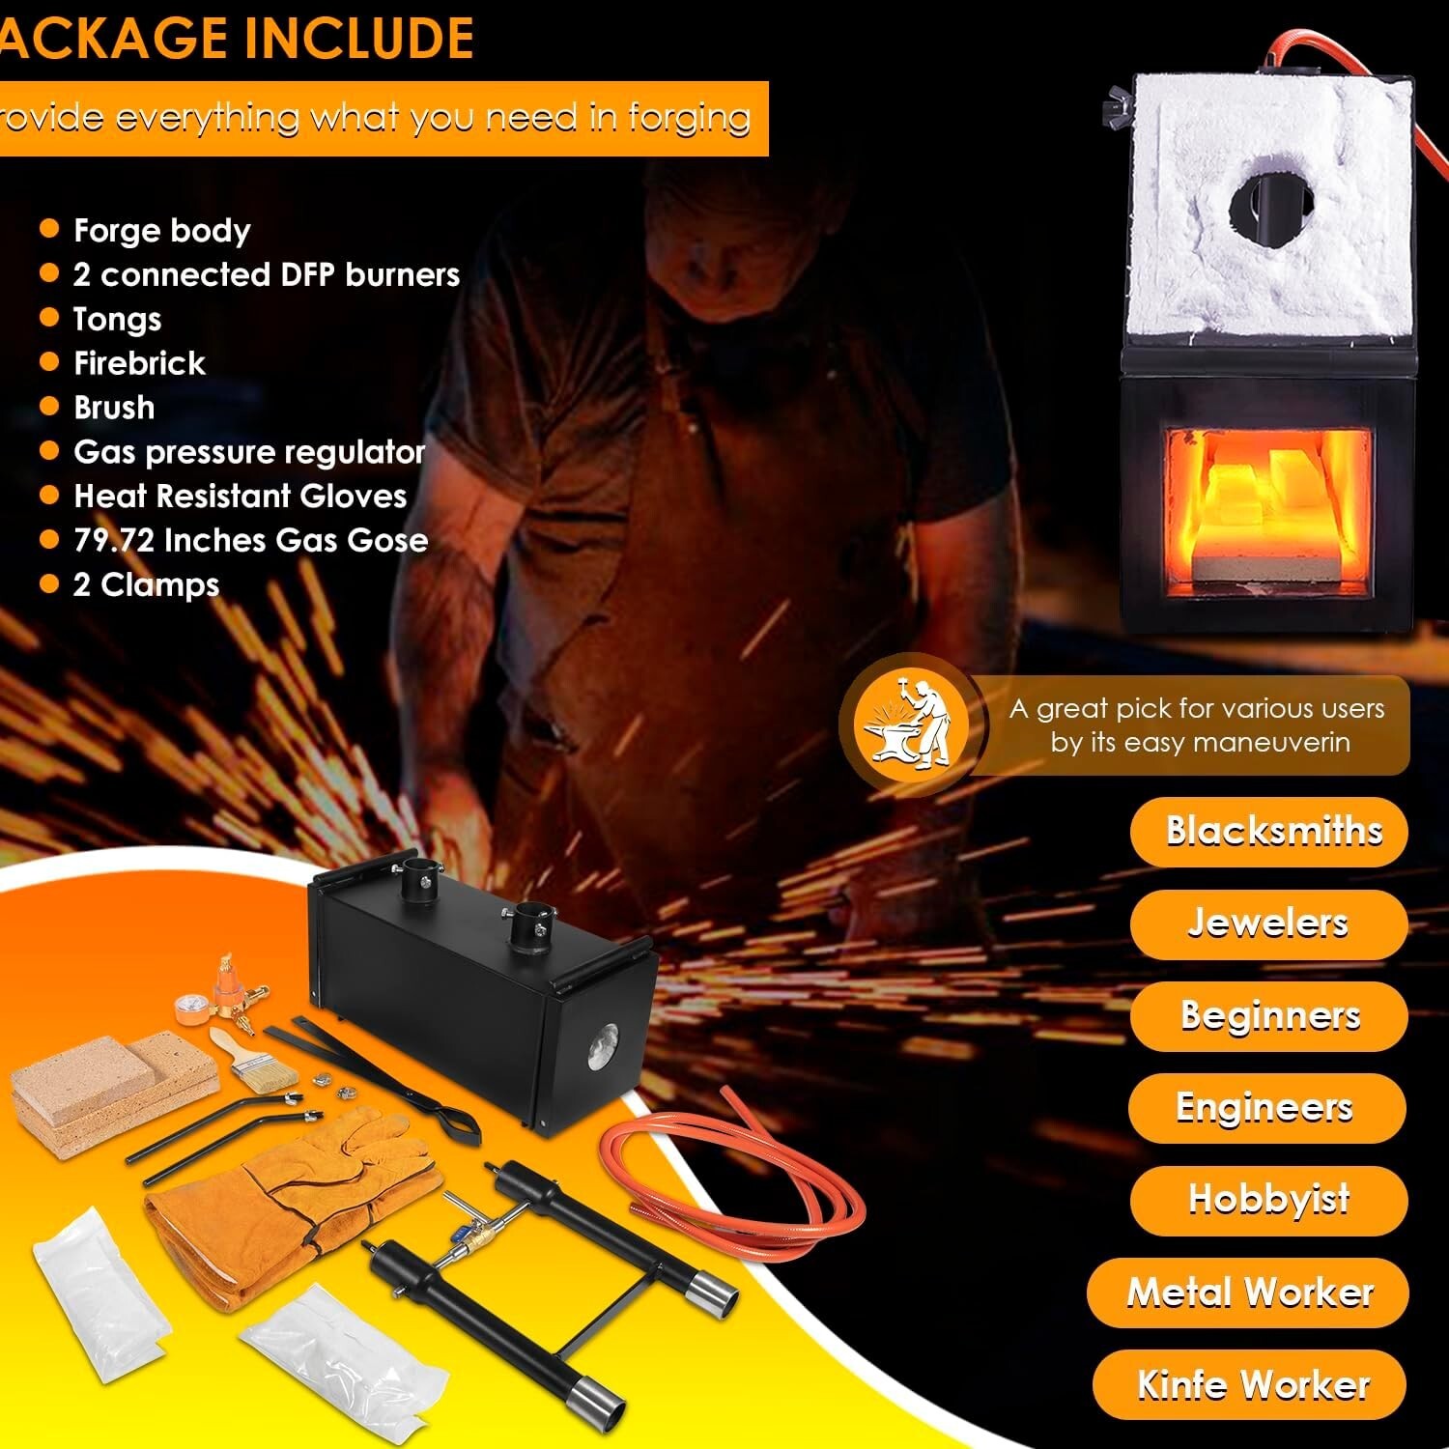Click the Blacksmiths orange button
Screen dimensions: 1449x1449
tap(1268, 832)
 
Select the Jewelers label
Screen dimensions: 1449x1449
tap(1268, 923)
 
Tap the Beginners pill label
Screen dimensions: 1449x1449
tap(1268, 1016)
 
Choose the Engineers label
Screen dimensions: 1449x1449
tap(1265, 1108)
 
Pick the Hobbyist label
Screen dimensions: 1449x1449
tap(1268, 1200)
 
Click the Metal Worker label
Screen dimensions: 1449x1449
tap(1248, 1293)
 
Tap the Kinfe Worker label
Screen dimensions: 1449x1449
tap(1252, 1385)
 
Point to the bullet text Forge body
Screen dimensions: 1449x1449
tap(161, 231)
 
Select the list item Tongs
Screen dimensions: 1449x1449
tap(117, 319)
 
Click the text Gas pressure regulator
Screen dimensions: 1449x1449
tap(249, 452)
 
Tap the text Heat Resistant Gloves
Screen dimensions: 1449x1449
tap(240, 497)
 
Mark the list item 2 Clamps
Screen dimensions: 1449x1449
tap(146, 585)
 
